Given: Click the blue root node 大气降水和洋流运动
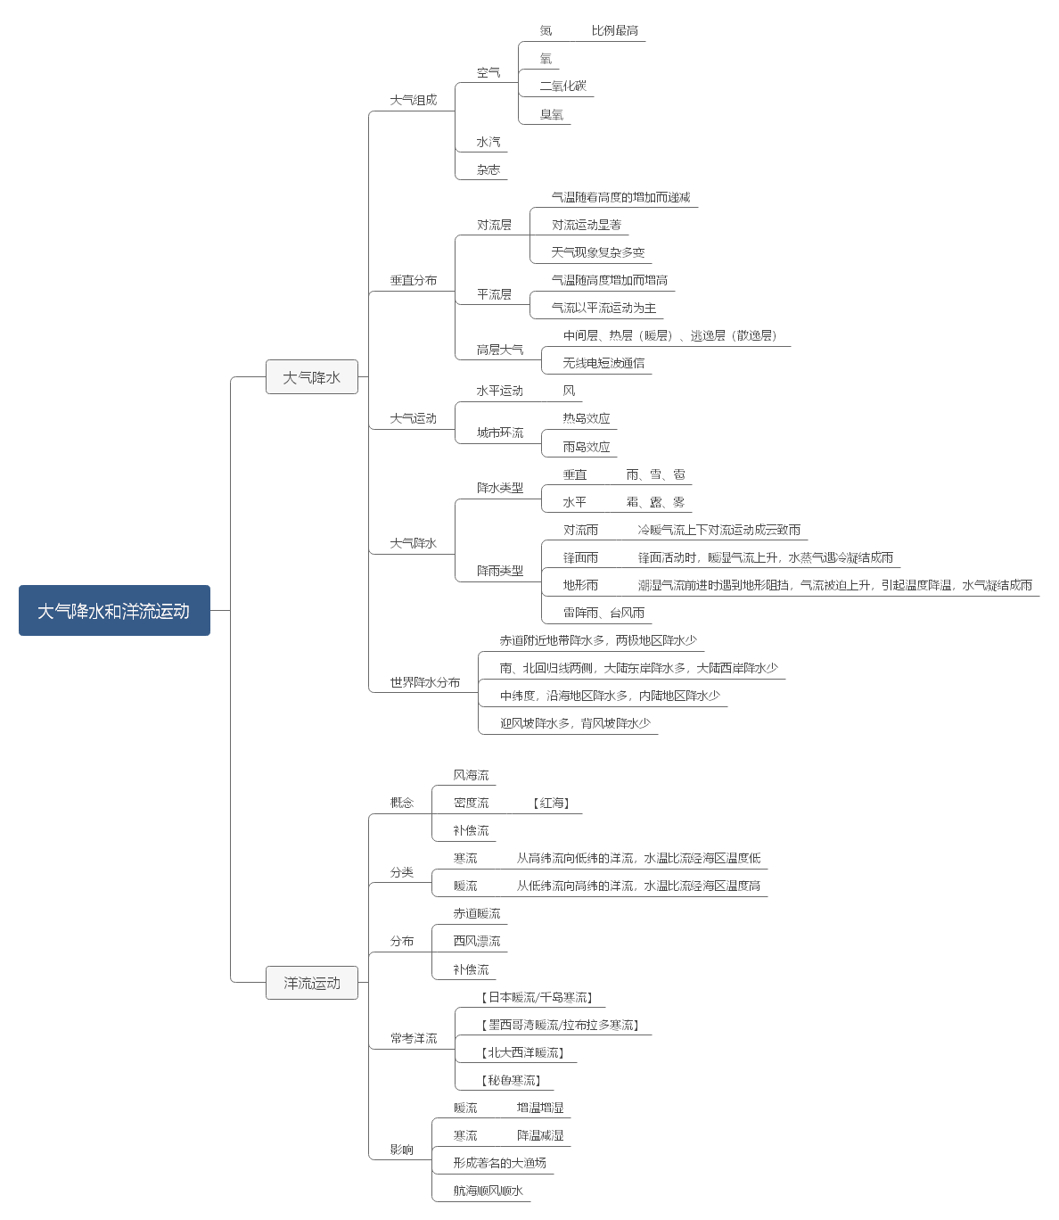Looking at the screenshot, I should (114, 611).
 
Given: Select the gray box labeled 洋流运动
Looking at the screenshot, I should (312, 983).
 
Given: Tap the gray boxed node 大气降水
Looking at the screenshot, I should (312, 377).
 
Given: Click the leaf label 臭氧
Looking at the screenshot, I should (552, 114).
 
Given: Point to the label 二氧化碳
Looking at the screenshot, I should (563, 86).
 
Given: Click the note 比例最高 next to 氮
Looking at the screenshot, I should (615, 30).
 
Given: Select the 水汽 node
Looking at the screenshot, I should (488, 142).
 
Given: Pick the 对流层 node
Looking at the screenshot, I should (495, 225).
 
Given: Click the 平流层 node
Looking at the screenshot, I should (495, 294).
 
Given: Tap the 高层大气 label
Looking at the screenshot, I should (500, 350).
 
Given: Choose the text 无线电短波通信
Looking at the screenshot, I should (603, 363).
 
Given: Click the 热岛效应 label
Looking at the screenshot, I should (587, 418).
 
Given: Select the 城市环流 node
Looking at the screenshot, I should (500, 433).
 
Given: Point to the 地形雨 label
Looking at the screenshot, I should (580, 585).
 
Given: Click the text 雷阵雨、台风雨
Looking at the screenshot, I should (603, 613).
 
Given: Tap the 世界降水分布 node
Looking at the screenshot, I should (425, 682).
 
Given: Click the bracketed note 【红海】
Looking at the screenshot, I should (552, 803).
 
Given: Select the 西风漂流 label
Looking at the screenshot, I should (477, 941).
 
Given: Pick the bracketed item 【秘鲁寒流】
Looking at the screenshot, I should (512, 1080).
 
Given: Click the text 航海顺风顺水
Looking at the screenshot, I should (488, 1191).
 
